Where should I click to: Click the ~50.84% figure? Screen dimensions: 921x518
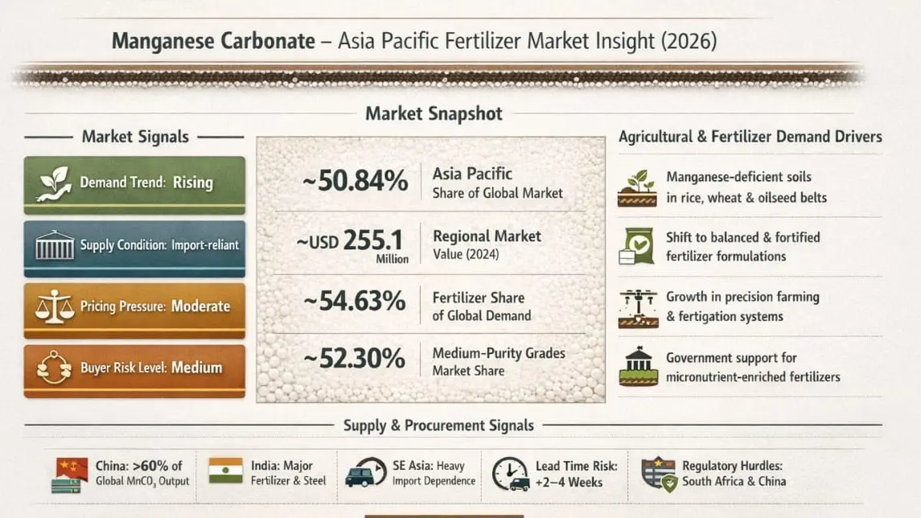[355, 181]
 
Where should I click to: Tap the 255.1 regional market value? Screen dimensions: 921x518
[373, 240]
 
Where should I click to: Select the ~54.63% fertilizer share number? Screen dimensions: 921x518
[355, 302]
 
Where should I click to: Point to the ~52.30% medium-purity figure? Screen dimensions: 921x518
[355, 359]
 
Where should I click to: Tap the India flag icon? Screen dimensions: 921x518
[225, 471]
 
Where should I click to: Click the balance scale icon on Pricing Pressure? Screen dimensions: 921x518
[54, 306]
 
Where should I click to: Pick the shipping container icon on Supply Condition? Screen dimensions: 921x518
[55, 245]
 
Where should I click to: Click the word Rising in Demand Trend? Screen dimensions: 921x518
[193, 183]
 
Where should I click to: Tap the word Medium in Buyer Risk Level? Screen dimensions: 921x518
[197, 368]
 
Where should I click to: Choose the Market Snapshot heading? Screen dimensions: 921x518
[434, 113]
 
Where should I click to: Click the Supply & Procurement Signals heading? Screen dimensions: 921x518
[438, 425]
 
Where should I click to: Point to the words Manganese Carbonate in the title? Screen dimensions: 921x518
[213, 41]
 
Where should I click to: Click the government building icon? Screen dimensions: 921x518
[639, 366]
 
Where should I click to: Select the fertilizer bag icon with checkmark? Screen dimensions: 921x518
[637, 246]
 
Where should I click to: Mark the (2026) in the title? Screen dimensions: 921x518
[689, 41]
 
